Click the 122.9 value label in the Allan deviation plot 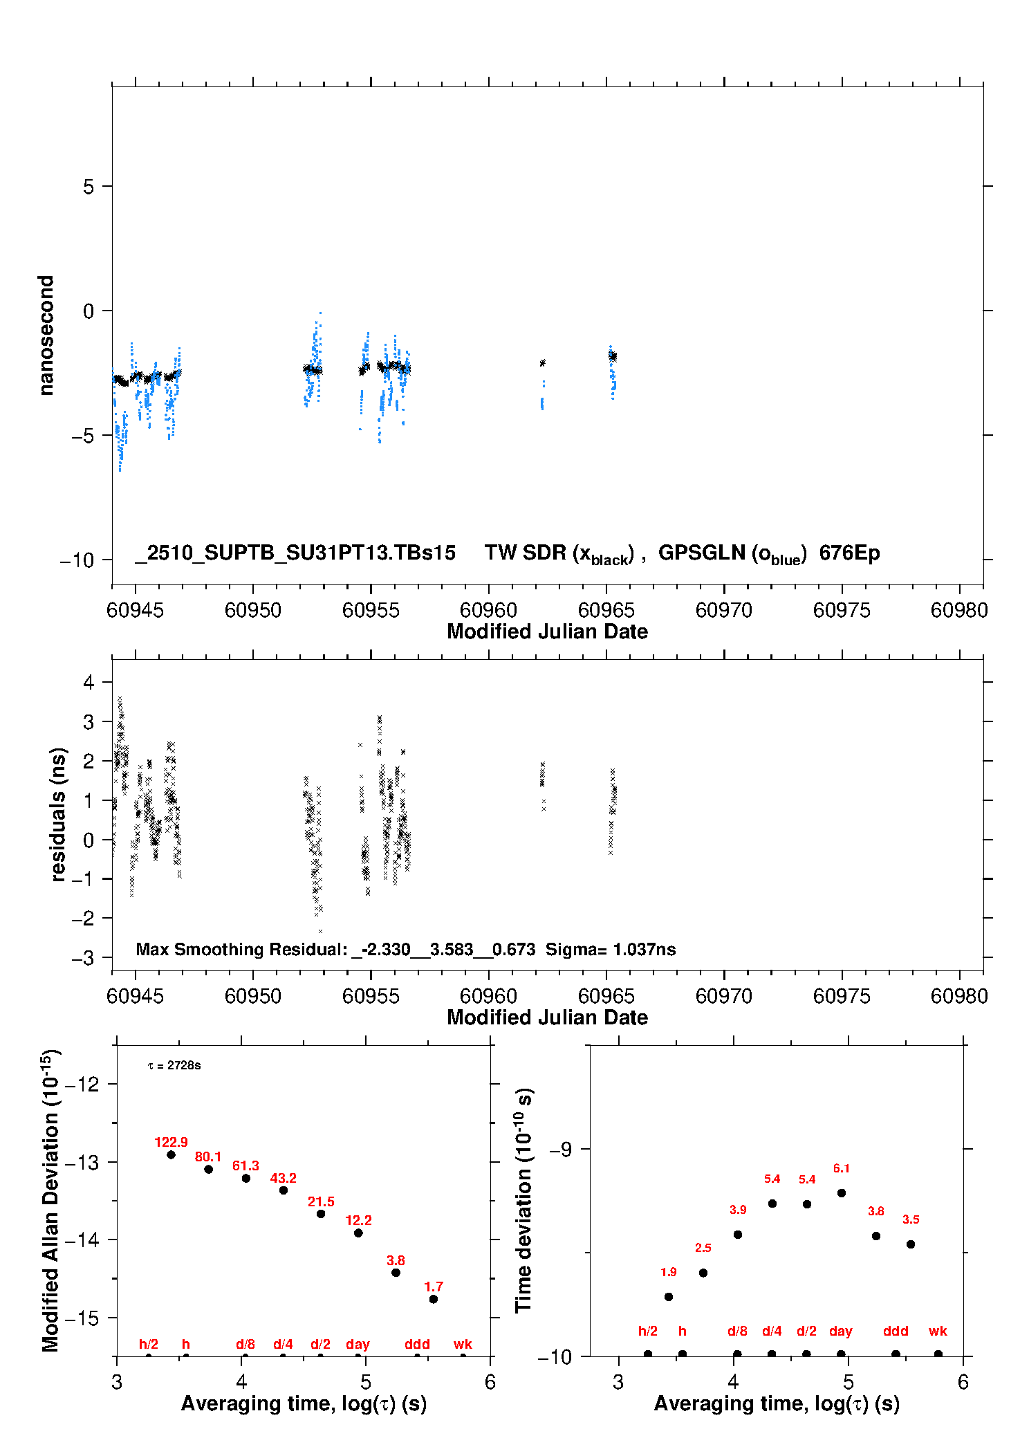[171, 1142]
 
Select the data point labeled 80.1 [208, 1169]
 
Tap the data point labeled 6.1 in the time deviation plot [841, 1192]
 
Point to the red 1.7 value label [434, 1287]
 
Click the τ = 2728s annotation [174, 1065]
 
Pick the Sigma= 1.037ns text [611, 949]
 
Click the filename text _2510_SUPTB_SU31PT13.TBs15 [295, 553]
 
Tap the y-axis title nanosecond [46, 335]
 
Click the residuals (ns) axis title [59, 814]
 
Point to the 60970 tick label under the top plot [723, 610]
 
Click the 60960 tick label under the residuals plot [488, 996]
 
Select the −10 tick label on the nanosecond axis [77, 560]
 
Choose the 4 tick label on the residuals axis [89, 682]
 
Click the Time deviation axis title [524, 1199]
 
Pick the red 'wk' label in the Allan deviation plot [463, 1344]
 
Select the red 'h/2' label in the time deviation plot [647, 1331]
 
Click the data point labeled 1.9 [668, 1296]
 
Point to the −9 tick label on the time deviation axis [560, 1149]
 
